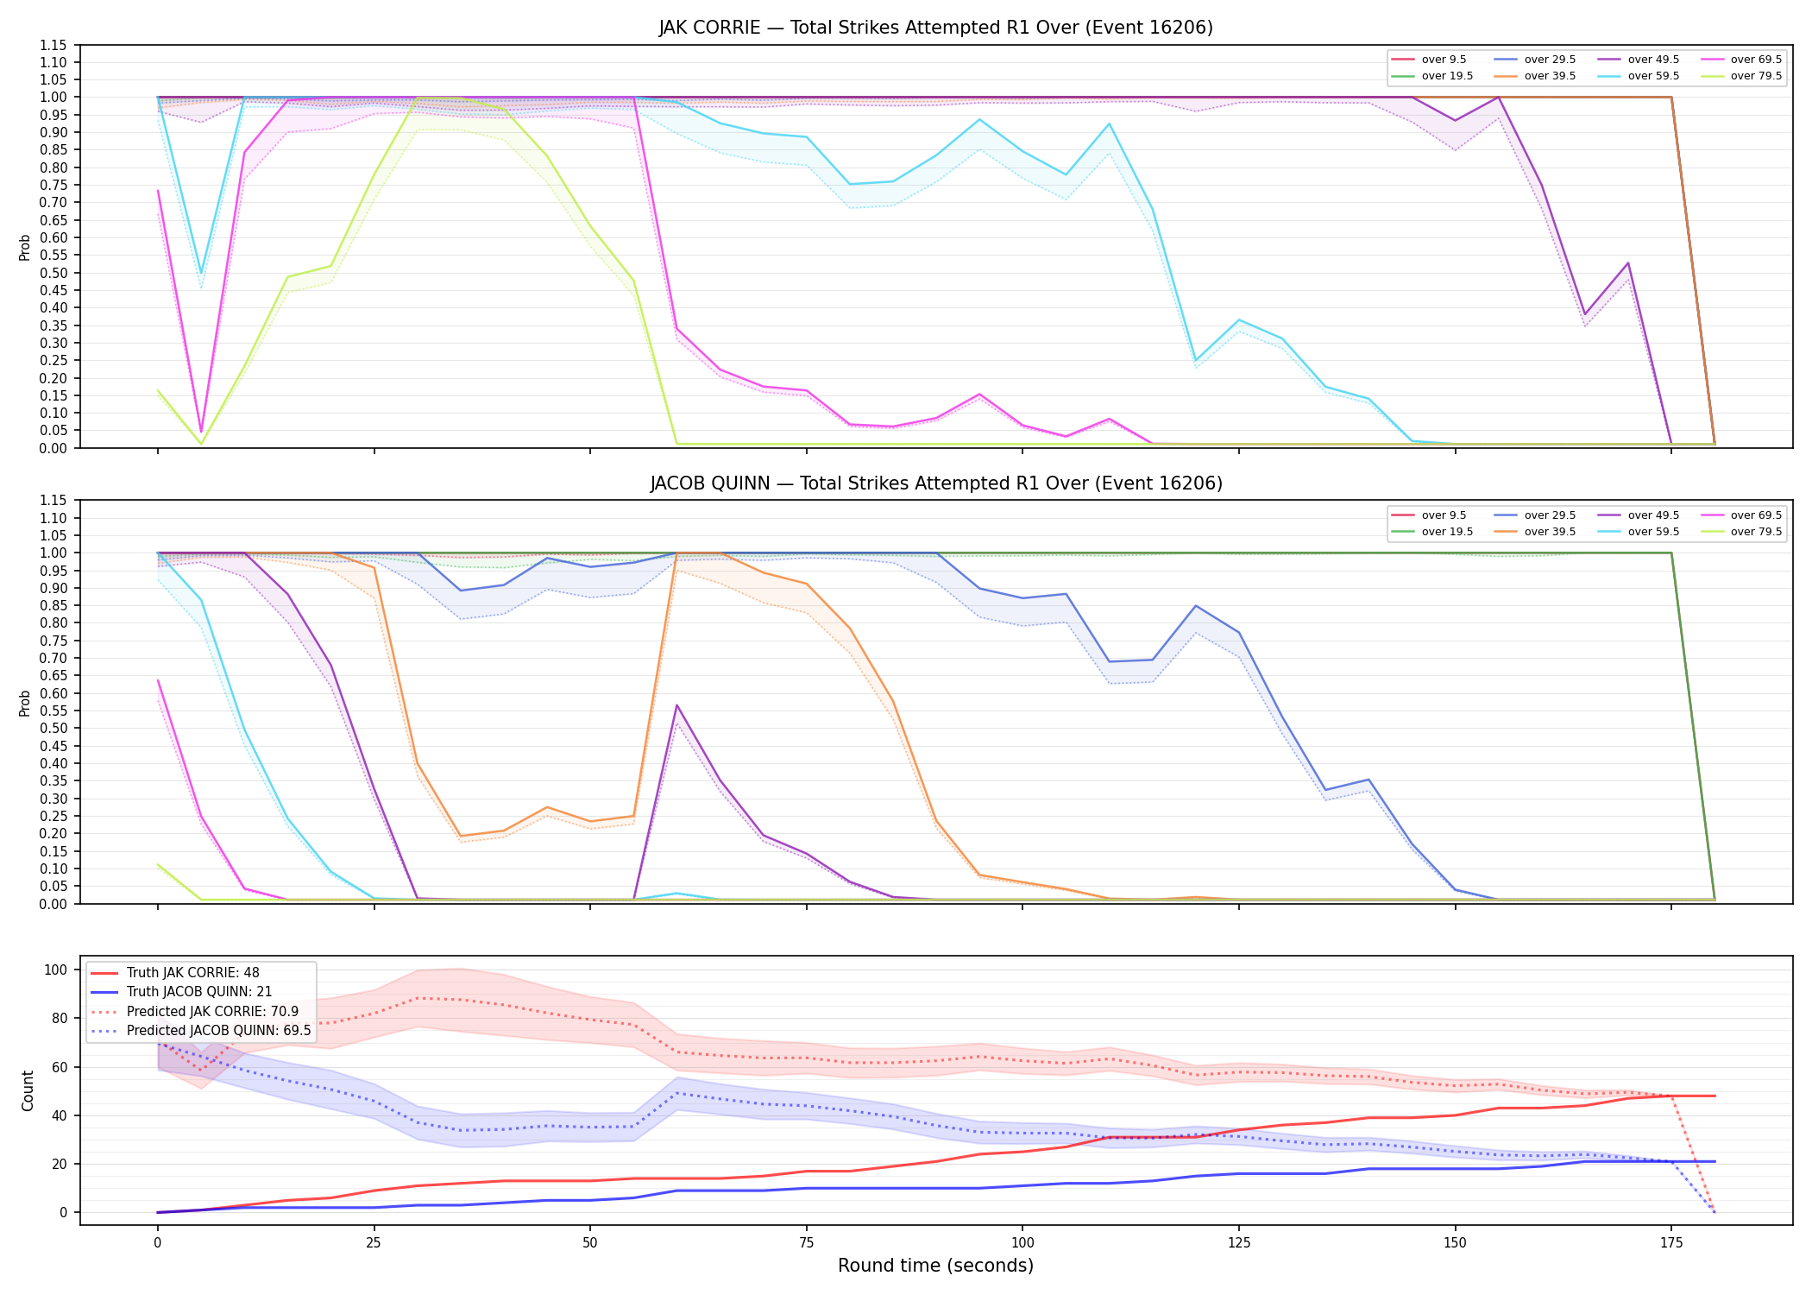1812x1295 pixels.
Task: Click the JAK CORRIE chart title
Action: pyautogui.click(x=935, y=28)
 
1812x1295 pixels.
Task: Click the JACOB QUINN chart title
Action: pyautogui.click(x=935, y=483)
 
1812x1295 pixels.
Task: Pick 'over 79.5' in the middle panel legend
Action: pyautogui.click(x=1756, y=532)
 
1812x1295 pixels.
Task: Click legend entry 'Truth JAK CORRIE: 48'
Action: pyautogui.click(x=192, y=973)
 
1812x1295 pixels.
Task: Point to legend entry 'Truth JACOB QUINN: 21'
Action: pyautogui.click(x=198, y=992)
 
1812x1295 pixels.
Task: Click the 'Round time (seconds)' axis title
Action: pyautogui.click(x=935, y=1266)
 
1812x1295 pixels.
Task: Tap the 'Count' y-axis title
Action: pyautogui.click(x=28, y=1090)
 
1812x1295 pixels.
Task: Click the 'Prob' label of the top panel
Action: pyautogui.click(x=25, y=248)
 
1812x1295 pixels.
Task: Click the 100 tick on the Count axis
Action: pyautogui.click(x=55, y=970)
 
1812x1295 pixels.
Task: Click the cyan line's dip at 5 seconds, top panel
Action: pyautogui.click(x=201, y=273)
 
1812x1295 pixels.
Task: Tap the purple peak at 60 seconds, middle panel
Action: pyautogui.click(x=677, y=705)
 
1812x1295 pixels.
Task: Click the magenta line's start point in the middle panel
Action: pyautogui.click(x=158, y=681)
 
